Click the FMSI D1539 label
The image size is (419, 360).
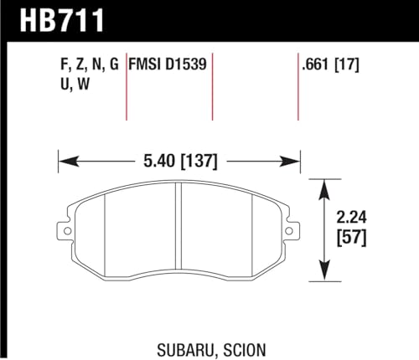click(168, 62)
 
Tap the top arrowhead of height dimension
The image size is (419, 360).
click(323, 183)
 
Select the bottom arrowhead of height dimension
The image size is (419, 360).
click(323, 275)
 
